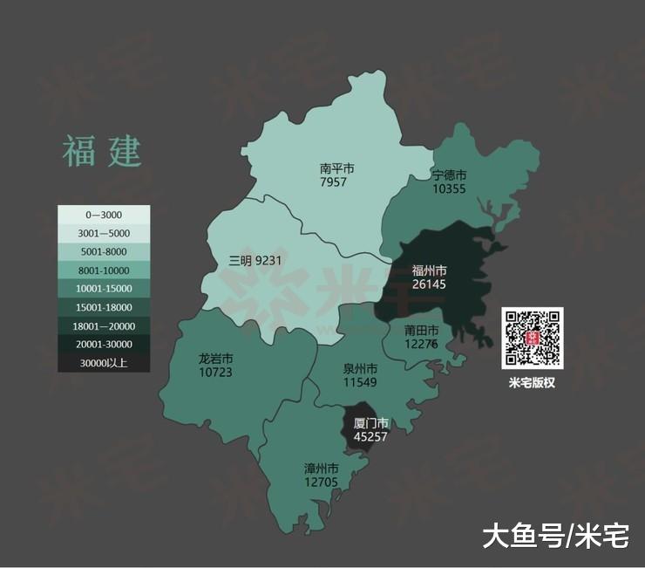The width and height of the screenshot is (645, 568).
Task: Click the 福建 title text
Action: click(x=102, y=151)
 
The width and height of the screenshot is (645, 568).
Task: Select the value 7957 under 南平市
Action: click(x=333, y=182)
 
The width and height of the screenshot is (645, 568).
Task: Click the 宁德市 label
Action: click(x=450, y=175)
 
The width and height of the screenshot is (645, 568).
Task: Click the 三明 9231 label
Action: click(x=255, y=260)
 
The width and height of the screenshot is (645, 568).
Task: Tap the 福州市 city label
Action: click(x=429, y=270)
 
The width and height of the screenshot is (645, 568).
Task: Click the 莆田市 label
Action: click(x=423, y=331)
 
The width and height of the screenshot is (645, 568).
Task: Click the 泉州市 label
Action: click(x=359, y=369)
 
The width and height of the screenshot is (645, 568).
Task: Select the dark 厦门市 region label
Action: click(x=370, y=423)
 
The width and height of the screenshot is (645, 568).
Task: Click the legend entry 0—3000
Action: click(x=104, y=215)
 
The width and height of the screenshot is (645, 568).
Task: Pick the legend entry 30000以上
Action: click(x=104, y=363)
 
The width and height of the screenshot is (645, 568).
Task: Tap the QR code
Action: click(x=533, y=337)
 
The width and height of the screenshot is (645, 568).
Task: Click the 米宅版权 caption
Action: click(x=533, y=382)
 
